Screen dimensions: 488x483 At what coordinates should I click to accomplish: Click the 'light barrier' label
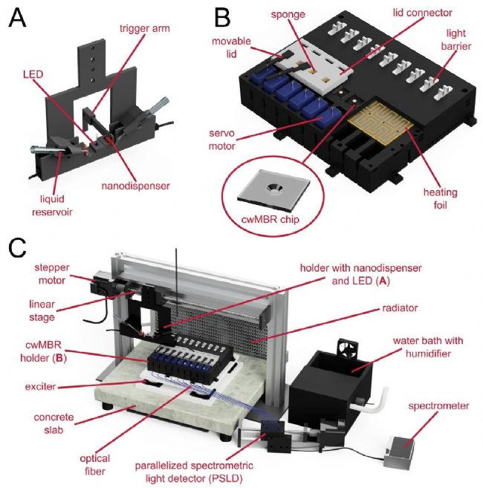point(454,40)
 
